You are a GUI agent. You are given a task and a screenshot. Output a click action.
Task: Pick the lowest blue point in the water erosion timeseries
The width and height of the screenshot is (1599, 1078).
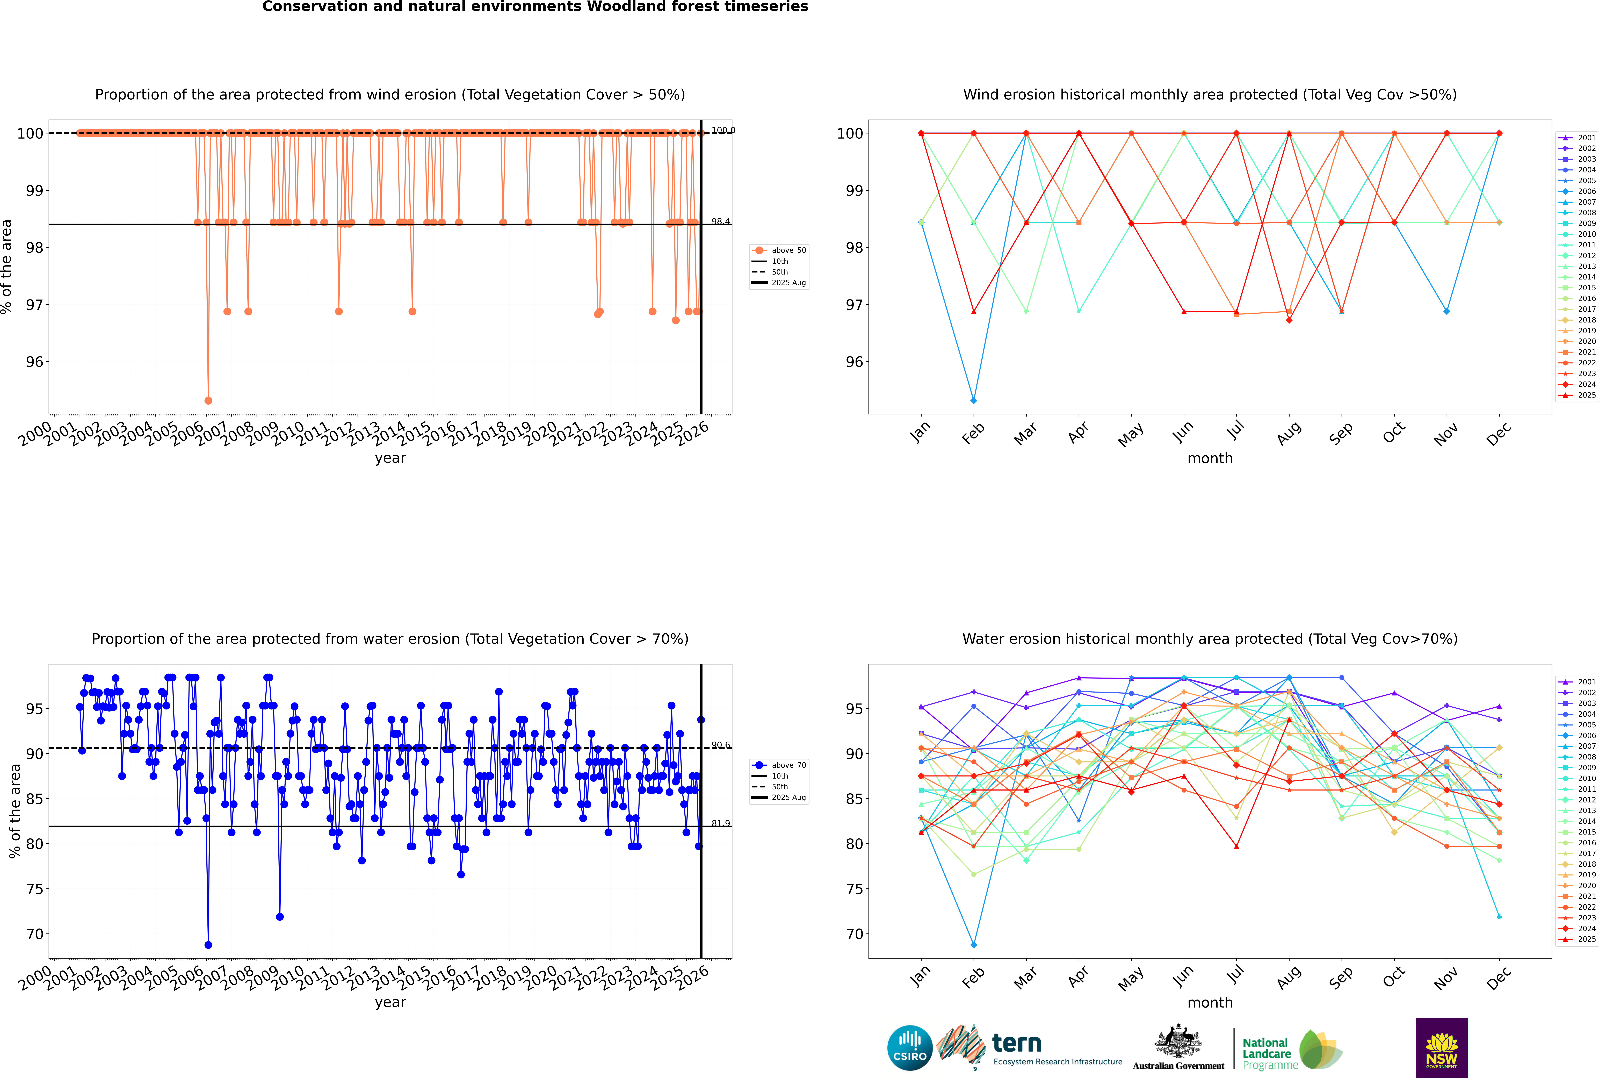pos(208,945)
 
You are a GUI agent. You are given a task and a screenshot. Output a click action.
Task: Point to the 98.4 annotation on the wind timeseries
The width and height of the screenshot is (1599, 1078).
pos(720,221)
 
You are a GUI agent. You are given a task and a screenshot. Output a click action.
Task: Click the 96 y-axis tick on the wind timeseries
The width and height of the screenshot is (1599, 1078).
pos(34,362)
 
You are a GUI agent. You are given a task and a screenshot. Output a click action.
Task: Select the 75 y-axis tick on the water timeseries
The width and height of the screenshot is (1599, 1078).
pos(34,889)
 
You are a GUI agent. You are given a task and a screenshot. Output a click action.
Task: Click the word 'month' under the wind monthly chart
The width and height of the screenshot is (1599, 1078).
pos(1210,459)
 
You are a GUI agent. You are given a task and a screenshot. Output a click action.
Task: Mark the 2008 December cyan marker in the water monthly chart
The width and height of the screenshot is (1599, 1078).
pos(1499,916)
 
